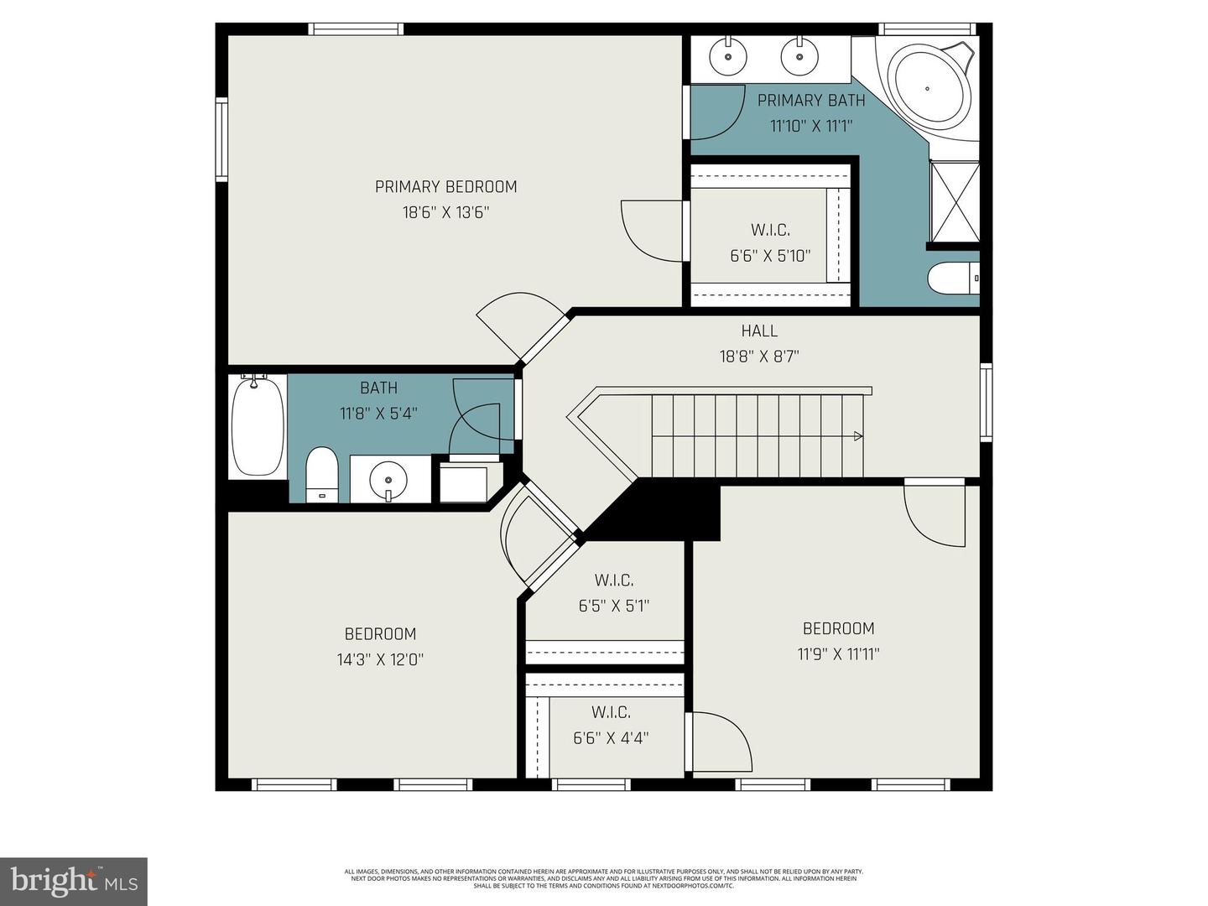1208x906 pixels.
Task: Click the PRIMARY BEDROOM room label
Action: (x=445, y=187)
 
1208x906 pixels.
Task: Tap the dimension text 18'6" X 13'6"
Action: (x=445, y=213)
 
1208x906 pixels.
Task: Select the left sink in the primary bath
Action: (x=727, y=57)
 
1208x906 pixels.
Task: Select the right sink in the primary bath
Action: (x=799, y=57)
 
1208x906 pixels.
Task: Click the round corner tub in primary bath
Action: (x=928, y=87)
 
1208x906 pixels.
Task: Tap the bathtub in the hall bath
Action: (x=258, y=427)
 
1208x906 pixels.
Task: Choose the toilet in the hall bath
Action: (x=321, y=475)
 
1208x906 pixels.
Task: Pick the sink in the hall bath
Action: (x=388, y=480)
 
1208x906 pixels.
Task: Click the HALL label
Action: (x=759, y=331)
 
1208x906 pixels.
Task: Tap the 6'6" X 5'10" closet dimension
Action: (x=770, y=256)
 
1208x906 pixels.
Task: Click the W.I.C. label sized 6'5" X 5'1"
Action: (x=614, y=581)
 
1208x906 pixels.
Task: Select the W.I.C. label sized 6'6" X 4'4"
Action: (x=611, y=713)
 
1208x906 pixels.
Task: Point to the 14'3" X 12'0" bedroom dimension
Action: (x=380, y=660)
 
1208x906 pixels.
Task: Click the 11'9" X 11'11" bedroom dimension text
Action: (x=838, y=654)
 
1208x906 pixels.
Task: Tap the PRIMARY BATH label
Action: (x=811, y=101)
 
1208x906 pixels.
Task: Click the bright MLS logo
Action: (x=74, y=881)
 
